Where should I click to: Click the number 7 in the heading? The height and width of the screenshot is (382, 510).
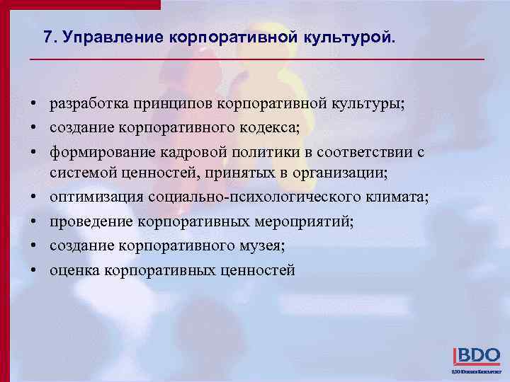coord(47,37)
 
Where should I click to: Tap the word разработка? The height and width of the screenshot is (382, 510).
coord(86,105)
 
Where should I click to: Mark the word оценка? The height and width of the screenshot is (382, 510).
coord(74,270)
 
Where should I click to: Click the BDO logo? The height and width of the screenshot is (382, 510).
coord(476,356)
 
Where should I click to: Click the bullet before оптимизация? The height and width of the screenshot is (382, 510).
coord(34,198)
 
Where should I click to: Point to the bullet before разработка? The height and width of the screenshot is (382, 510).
coord(34,105)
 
